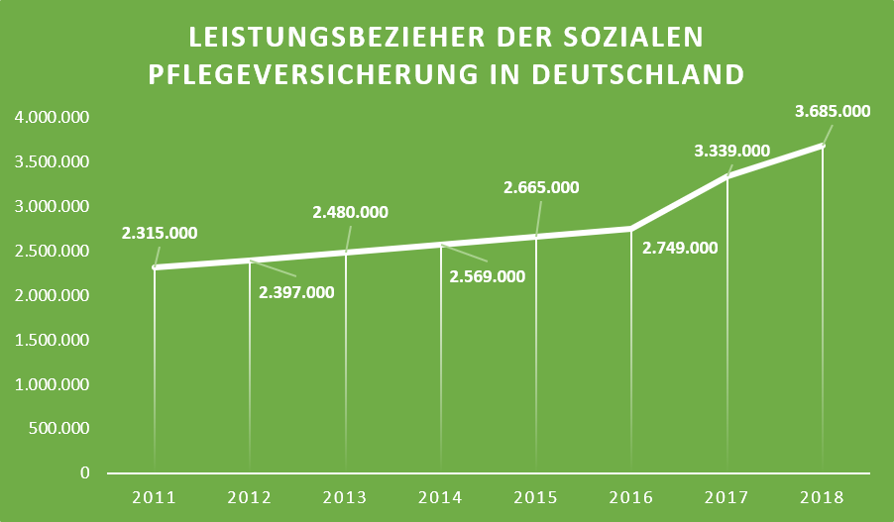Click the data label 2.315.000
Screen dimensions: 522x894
pyautogui.click(x=160, y=234)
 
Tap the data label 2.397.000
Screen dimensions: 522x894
pyautogui.click(x=296, y=291)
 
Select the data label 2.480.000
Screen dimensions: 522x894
pyautogui.click(x=350, y=212)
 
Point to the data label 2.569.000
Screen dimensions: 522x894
pyautogui.click(x=487, y=276)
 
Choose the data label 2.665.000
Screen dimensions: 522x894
pyautogui.click(x=541, y=187)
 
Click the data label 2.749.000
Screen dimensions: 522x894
pyautogui.click(x=680, y=249)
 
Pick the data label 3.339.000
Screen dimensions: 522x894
pyautogui.click(x=732, y=151)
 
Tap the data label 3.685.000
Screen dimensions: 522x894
pyautogui.click(x=833, y=112)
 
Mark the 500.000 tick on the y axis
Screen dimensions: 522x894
pyautogui.click(x=59, y=429)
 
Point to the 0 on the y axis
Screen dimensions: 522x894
pyautogui.click(x=85, y=473)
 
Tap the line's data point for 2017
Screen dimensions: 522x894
pyautogui.click(x=727, y=176)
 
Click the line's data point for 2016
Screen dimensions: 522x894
pyautogui.click(x=631, y=229)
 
